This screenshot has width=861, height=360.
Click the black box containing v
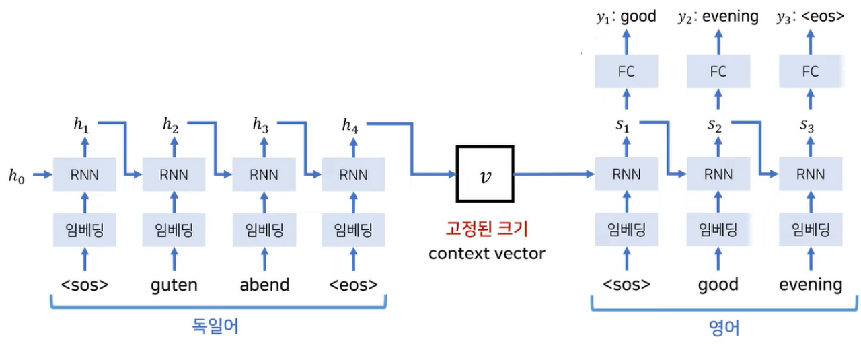tap(485, 174)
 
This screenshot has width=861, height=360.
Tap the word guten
tap(174, 285)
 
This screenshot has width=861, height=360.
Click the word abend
tap(264, 285)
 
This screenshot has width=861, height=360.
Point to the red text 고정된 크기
tap(487, 229)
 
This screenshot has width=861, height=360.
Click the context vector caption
tap(487, 253)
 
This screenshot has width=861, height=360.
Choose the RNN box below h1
tap(85, 174)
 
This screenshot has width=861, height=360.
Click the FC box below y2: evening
tap(718, 71)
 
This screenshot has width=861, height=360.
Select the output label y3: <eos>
tap(811, 17)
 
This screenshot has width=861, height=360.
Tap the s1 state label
tap(626, 124)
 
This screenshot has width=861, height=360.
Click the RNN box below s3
tap(811, 174)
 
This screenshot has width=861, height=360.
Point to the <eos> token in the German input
tap(353, 285)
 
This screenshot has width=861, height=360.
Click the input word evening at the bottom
tap(811, 285)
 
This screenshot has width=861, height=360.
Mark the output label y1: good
tap(626, 17)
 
